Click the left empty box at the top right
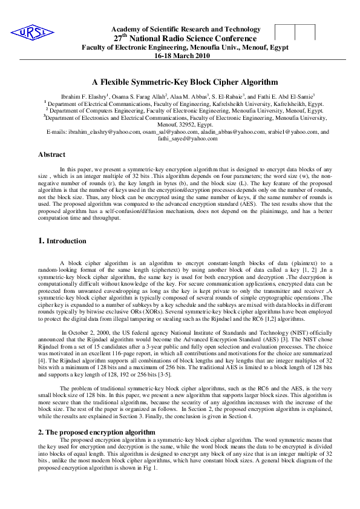pos(284,33)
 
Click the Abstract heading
pos(51,154)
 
